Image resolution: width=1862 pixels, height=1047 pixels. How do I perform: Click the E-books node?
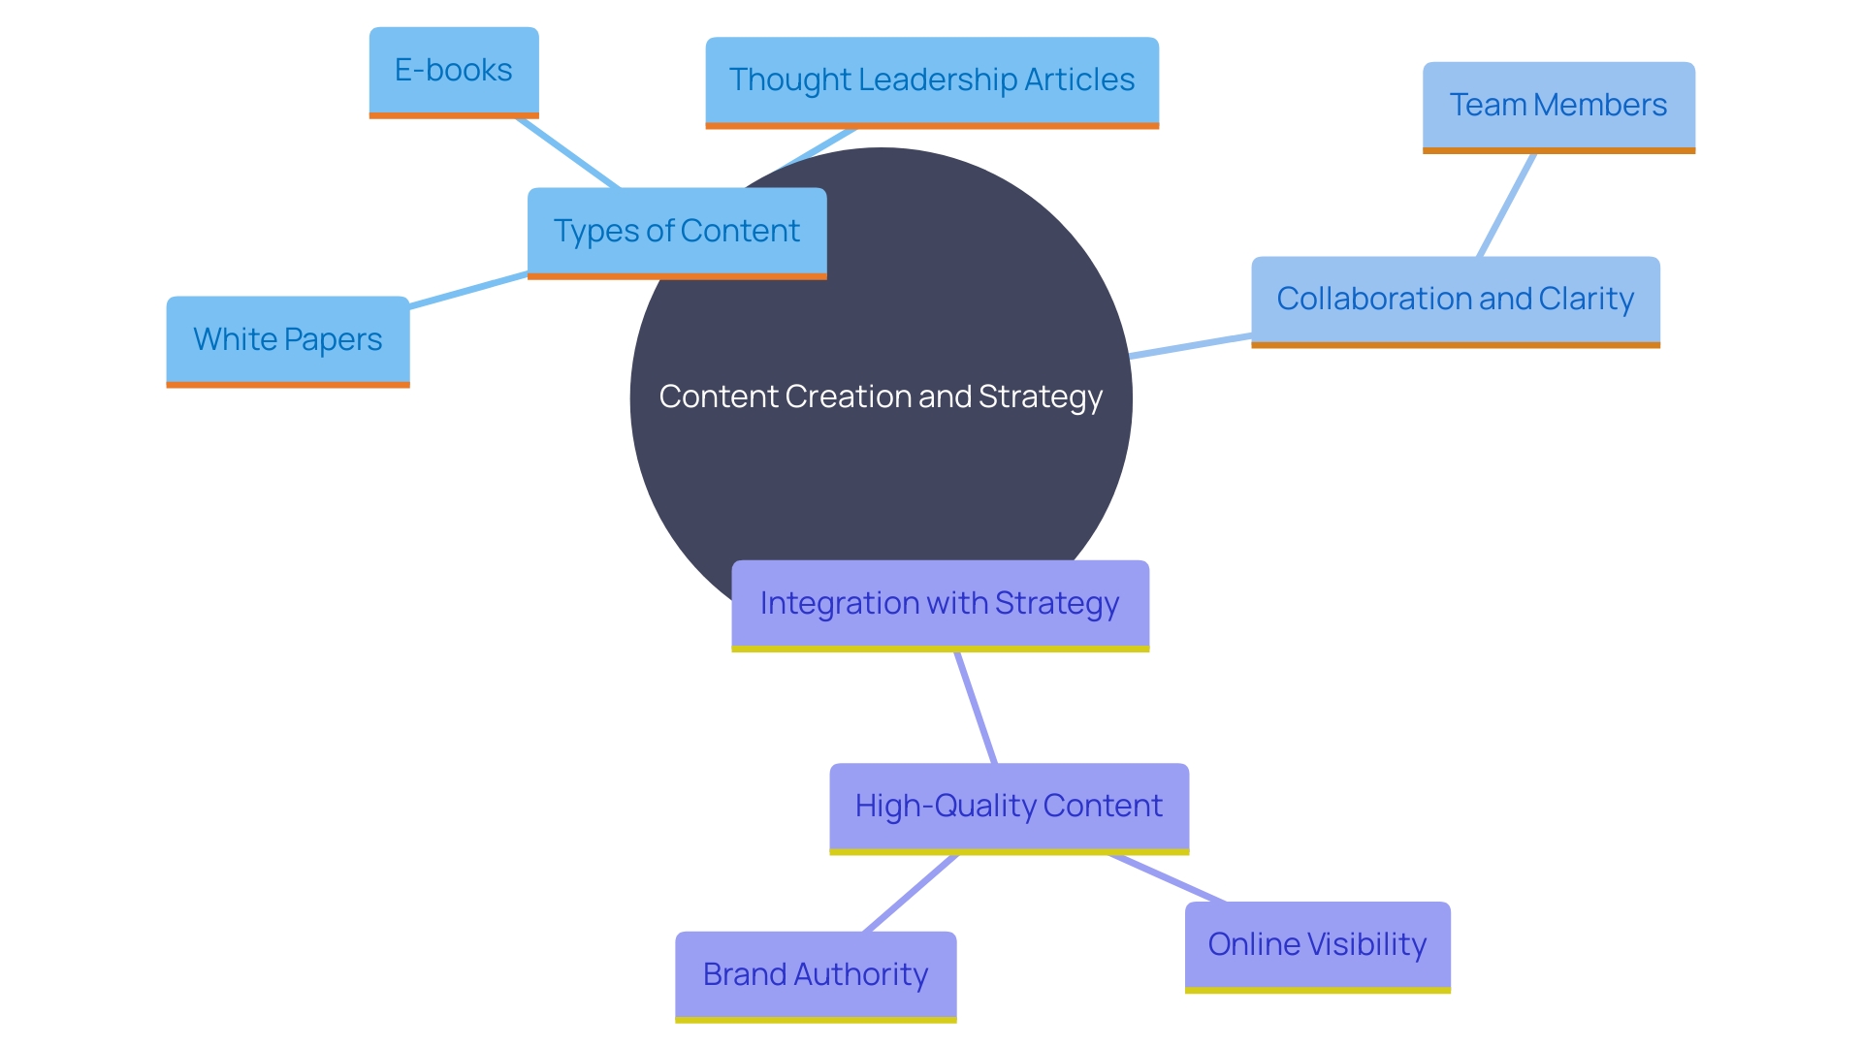454,71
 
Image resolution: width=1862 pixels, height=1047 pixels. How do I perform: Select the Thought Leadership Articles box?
931,80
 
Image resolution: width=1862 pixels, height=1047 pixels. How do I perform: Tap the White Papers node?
287,340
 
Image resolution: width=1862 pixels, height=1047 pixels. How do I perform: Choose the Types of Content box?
676,232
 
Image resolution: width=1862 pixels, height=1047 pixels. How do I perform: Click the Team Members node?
1557,106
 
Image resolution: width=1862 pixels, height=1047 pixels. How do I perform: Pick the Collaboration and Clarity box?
1455,300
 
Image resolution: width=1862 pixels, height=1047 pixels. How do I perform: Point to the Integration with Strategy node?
939,604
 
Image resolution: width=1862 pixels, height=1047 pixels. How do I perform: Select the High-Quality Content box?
1009,807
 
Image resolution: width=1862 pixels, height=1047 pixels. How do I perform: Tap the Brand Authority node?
815,975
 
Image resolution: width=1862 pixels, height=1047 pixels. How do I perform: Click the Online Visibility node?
1317,945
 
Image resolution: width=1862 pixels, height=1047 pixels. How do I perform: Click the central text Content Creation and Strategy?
881,397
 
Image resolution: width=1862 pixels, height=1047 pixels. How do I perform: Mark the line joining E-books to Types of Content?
568,153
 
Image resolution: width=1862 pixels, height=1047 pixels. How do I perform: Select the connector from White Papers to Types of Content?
468,291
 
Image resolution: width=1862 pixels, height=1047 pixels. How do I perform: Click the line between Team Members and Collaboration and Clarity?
1506,206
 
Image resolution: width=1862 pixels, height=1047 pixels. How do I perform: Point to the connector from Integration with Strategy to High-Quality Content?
976,708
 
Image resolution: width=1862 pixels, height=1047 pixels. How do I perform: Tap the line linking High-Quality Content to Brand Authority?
910,894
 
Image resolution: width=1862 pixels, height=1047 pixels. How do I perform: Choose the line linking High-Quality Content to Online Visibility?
1169,878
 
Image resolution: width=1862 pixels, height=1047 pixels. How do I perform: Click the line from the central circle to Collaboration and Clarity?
1191,346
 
